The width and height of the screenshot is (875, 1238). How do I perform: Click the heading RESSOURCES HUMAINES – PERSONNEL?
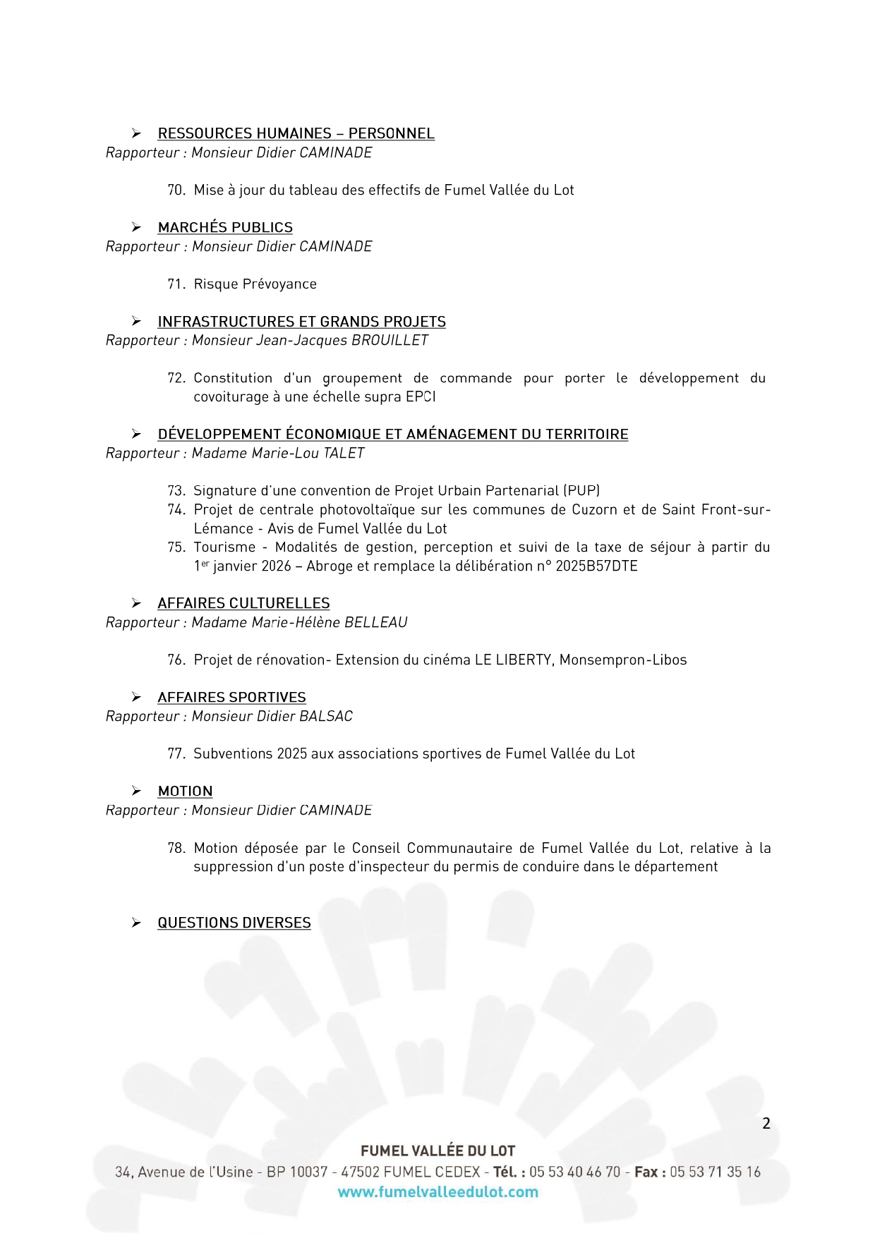pyautogui.click(x=296, y=133)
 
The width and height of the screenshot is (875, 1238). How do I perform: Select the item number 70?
pyautogui.click(x=176, y=190)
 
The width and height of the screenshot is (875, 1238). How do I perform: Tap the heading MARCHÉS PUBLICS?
pyautogui.click(x=225, y=227)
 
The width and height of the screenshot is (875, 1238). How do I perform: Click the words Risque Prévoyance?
pyautogui.click(x=255, y=284)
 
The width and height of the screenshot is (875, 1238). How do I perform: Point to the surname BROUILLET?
pyautogui.click(x=390, y=340)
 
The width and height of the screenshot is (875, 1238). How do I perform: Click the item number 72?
pyautogui.click(x=176, y=378)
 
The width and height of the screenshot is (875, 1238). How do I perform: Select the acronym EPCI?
pyautogui.click(x=421, y=396)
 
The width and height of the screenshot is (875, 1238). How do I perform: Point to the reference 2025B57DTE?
pyautogui.click(x=596, y=566)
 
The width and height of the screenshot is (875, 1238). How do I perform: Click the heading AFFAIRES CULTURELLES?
pyautogui.click(x=243, y=603)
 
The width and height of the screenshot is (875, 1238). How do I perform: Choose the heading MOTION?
pyautogui.click(x=185, y=791)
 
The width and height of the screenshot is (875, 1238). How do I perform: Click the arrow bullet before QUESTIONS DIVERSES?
pyautogui.click(x=136, y=923)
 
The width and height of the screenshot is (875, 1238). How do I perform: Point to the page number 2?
pyautogui.click(x=766, y=1124)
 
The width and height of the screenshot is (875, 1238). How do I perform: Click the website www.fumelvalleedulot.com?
pyautogui.click(x=437, y=1192)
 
